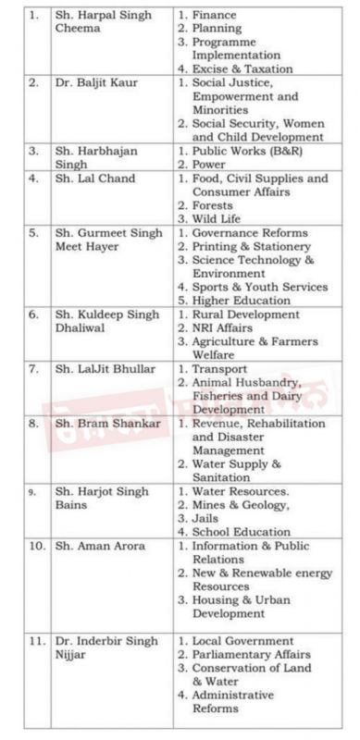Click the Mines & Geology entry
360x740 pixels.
point(242,505)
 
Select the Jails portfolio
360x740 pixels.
point(212,518)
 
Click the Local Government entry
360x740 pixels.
point(242,640)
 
